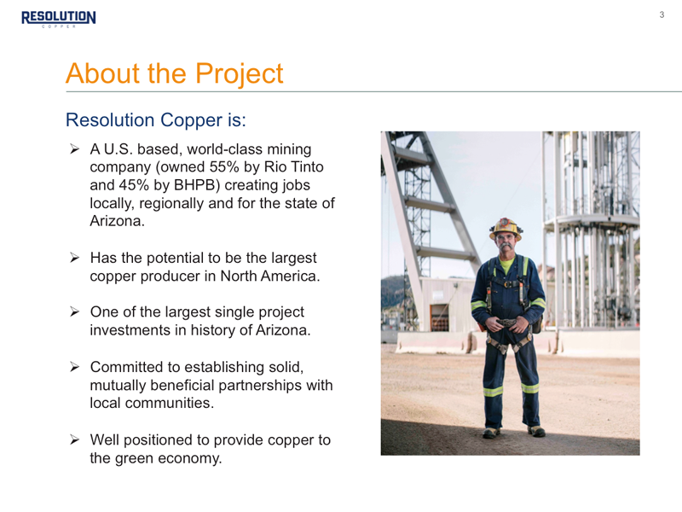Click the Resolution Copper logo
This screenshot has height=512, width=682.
(x=59, y=19)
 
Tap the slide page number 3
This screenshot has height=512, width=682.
(x=662, y=15)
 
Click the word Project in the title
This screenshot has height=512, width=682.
(x=240, y=73)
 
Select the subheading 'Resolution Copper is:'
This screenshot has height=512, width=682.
(x=156, y=119)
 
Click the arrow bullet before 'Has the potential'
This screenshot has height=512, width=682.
(x=74, y=258)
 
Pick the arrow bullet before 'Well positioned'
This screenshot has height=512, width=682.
(x=74, y=439)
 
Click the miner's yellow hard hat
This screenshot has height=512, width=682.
(x=506, y=228)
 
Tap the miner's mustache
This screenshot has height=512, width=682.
(x=506, y=246)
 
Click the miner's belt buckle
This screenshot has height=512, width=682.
(x=506, y=323)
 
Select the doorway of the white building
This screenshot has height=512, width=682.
(x=439, y=317)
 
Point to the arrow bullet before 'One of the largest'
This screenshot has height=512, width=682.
(x=74, y=311)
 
